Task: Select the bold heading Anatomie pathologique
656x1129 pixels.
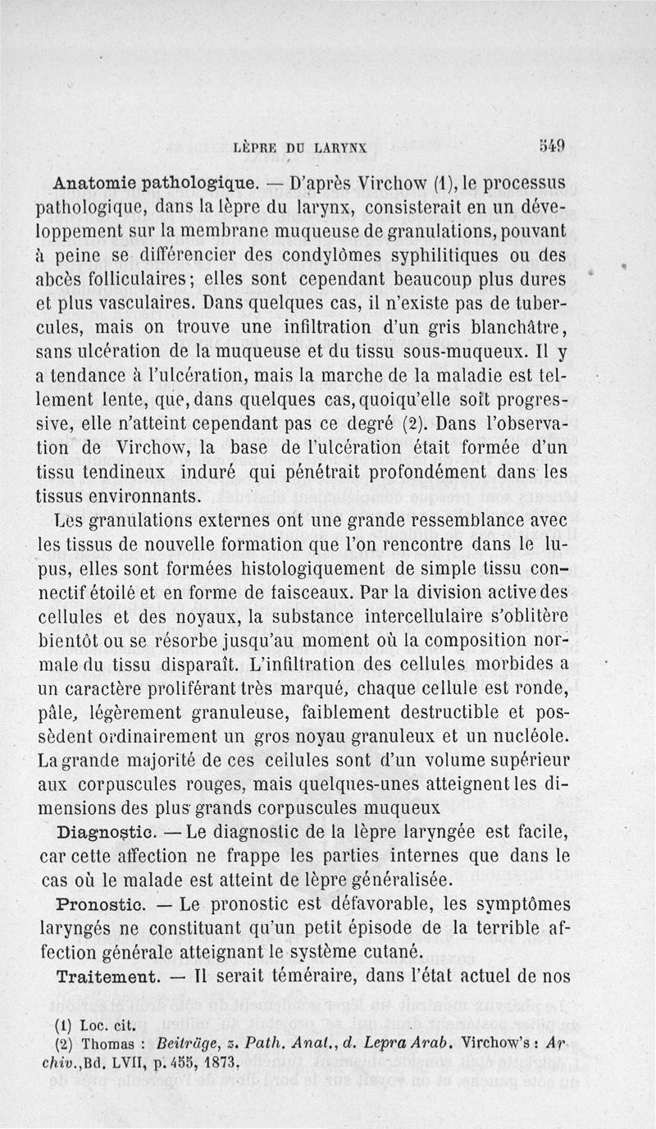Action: pyautogui.click(x=156, y=181)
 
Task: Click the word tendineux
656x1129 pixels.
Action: pyautogui.click(x=126, y=472)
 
